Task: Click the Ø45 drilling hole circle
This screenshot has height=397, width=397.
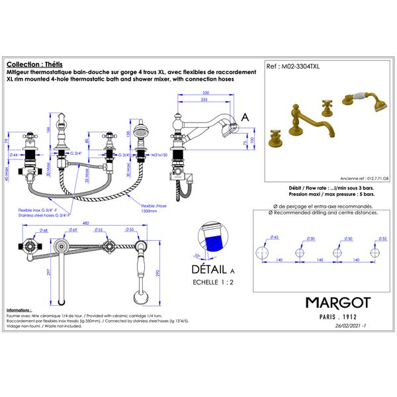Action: (263, 252)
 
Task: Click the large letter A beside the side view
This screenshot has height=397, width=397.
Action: (245, 116)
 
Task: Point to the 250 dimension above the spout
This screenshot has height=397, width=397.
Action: (206, 93)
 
